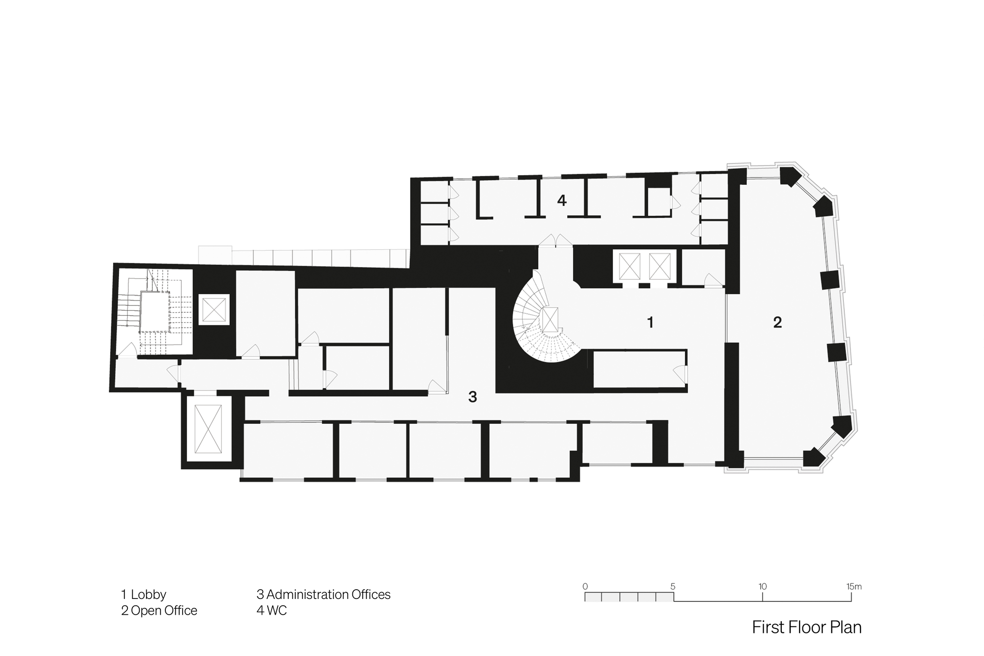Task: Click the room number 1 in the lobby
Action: tap(650, 323)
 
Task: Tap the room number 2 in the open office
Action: tap(777, 323)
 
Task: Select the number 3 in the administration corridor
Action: tap(472, 397)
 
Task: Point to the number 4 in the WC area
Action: tap(562, 200)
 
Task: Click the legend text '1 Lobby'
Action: tap(144, 595)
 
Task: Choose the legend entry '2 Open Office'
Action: tap(159, 611)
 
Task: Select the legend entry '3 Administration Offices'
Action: tap(323, 595)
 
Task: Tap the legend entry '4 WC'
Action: tap(271, 611)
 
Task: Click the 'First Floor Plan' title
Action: tap(807, 627)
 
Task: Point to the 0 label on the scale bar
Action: tap(585, 587)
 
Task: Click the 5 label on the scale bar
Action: tap(673, 587)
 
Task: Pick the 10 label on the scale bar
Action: tap(762, 587)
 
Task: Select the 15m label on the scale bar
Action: tap(854, 587)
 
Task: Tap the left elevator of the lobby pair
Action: tap(630, 267)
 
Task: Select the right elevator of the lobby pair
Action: tap(660, 267)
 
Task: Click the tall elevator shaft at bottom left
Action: tap(208, 429)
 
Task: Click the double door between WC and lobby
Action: tap(555, 240)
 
